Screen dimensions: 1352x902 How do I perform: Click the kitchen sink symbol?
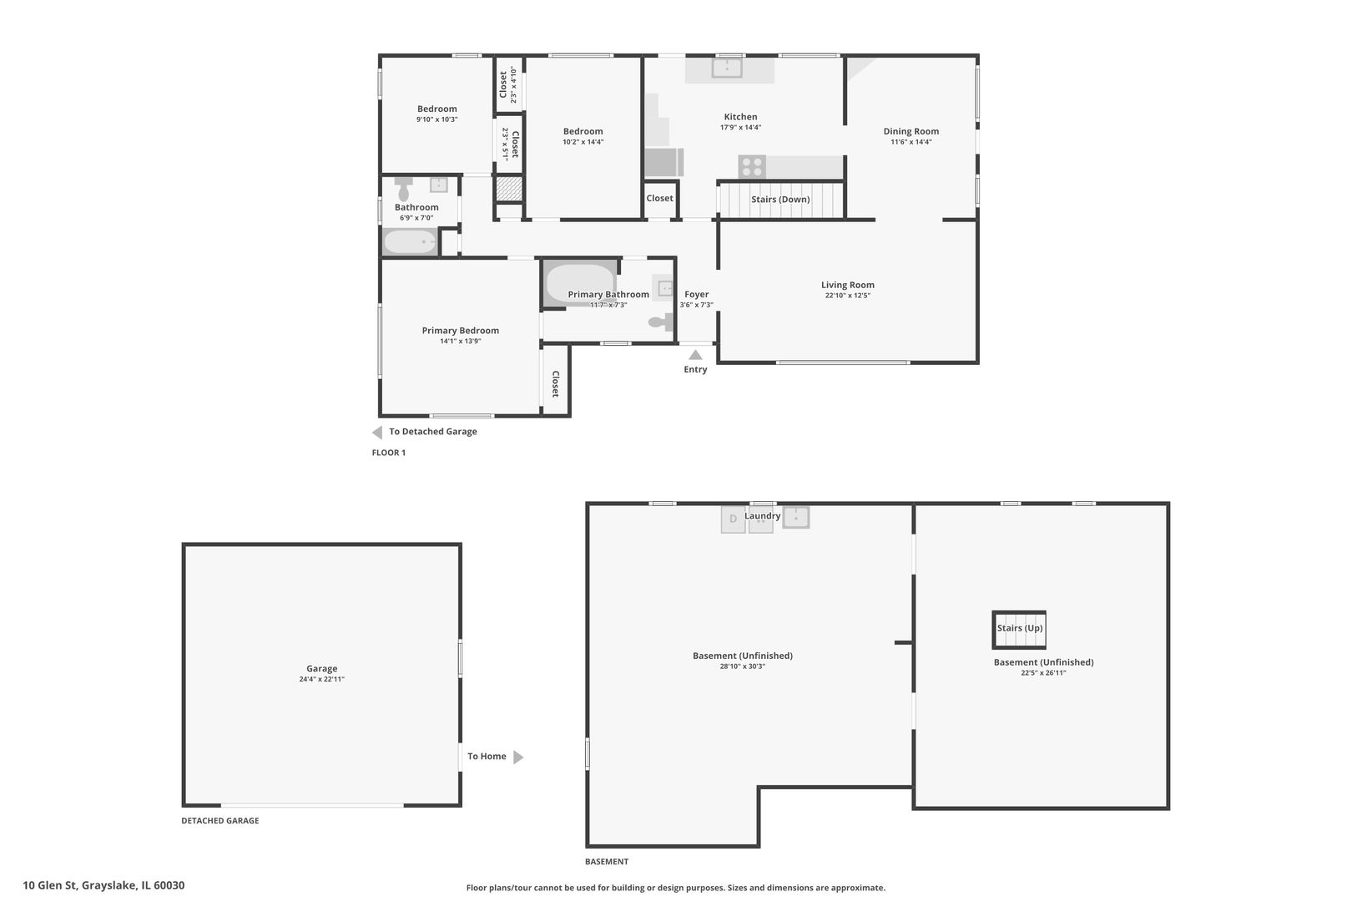727,68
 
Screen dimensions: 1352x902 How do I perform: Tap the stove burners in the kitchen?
751,167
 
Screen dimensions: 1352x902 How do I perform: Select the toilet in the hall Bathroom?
403,189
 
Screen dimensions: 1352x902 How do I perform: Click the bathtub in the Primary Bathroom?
580,283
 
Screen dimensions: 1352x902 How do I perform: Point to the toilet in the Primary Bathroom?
661,322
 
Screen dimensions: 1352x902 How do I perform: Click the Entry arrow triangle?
695,355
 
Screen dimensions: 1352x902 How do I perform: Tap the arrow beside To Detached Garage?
377,432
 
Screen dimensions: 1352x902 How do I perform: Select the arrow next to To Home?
518,757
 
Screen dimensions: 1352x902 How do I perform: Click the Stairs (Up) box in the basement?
1019,630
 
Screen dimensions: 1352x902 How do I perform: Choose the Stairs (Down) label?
780,200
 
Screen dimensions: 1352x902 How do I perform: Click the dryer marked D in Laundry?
733,519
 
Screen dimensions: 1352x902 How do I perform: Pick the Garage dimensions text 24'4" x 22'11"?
321,679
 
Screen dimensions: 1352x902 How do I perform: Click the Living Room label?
847,285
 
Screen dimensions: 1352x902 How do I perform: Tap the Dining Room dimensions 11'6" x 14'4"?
911,142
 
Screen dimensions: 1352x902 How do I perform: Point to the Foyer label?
697,294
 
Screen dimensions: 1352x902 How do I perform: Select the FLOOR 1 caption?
389,453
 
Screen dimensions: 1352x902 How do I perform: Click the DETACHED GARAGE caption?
220,820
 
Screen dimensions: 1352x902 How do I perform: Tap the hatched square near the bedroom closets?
509,189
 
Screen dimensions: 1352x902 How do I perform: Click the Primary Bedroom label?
461,331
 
